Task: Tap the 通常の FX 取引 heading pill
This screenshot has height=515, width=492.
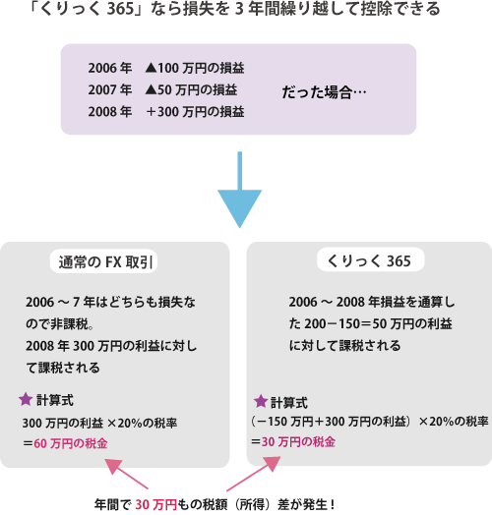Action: [x=103, y=261]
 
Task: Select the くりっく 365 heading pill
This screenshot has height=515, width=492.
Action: [x=371, y=260]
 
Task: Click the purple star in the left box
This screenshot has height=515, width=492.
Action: [x=26, y=400]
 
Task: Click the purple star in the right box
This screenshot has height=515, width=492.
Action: [x=261, y=401]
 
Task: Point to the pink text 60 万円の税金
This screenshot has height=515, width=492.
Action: [x=71, y=443]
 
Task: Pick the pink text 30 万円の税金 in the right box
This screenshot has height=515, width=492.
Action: [x=298, y=442]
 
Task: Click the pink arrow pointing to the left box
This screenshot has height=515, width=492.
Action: [x=126, y=474]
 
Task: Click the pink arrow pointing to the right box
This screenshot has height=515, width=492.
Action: [x=254, y=474]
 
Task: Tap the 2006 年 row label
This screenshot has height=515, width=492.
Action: [x=110, y=68]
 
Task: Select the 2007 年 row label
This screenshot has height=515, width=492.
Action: [x=110, y=89]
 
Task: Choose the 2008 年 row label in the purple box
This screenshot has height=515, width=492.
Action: [x=110, y=112]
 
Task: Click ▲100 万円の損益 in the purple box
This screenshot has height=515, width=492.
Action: [x=195, y=68]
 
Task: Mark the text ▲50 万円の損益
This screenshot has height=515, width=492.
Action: [x=192, y=89]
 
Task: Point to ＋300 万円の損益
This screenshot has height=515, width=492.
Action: [x=195, y=112]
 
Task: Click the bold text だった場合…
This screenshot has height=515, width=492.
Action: [x=324, y=92]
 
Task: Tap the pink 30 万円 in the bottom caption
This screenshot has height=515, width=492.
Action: [x=156, y=504]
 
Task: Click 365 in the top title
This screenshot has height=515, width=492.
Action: [x=121, y=9]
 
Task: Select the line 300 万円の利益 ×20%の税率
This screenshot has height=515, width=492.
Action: [x=99, y=423]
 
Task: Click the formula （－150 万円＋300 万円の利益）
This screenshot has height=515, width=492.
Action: [x=332, y=422]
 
